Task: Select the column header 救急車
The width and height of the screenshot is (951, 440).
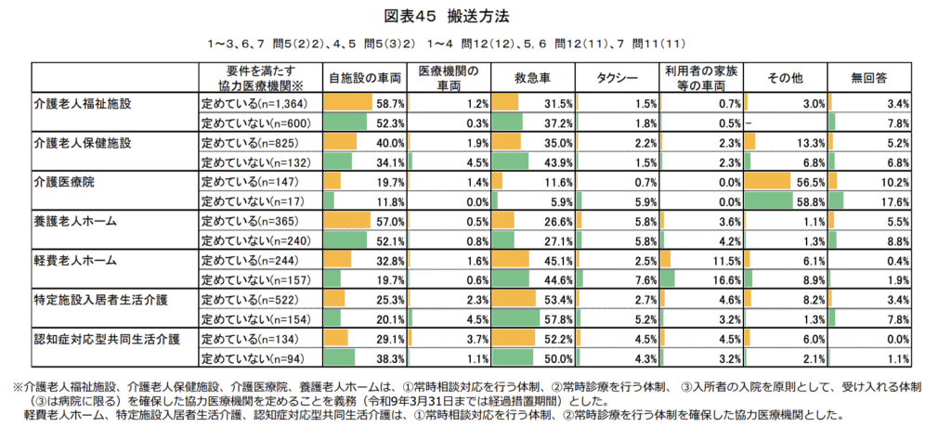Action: point(533,78)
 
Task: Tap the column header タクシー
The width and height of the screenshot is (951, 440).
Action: point(617,78)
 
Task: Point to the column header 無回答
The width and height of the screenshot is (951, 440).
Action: point(869,78)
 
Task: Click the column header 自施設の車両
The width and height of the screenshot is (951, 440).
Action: point(365,78)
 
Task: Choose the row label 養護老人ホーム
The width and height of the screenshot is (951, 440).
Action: point(75,221)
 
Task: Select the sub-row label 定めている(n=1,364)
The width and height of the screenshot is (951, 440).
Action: point(256,104)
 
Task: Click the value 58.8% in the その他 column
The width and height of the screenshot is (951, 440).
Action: point(812,201)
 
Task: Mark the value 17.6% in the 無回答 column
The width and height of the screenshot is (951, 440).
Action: point(896,201)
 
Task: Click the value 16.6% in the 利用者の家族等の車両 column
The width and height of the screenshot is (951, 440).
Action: point(728,280)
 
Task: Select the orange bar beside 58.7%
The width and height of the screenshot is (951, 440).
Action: point(347,103)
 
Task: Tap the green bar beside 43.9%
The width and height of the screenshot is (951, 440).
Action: point(510,162)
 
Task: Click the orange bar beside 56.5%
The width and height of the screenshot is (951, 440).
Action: point(767,182)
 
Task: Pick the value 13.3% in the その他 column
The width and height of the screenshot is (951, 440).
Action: point(812,143)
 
